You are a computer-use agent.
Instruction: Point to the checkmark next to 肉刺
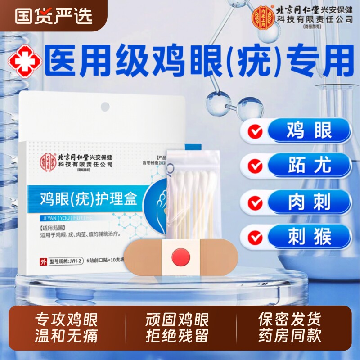[x=256, y=202]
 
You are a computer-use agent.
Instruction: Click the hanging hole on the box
[x=104, y=107]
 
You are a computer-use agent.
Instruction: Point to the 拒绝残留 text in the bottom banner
[x=177, y=336]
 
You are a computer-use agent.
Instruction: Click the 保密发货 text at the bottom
[x=289, y=320]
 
